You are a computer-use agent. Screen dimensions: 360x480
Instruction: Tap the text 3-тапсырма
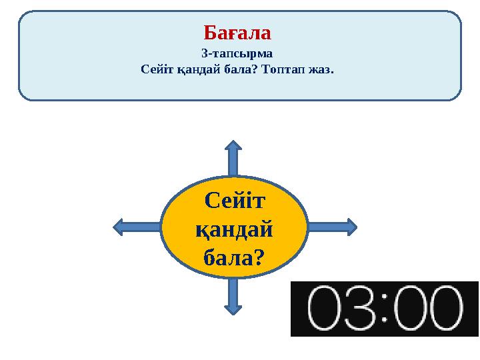[237, 53]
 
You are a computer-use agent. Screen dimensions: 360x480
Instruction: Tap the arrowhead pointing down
[233, 308]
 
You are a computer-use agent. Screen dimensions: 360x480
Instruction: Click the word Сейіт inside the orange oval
[234, 199]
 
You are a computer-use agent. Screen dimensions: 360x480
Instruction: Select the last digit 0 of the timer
[442, 309]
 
